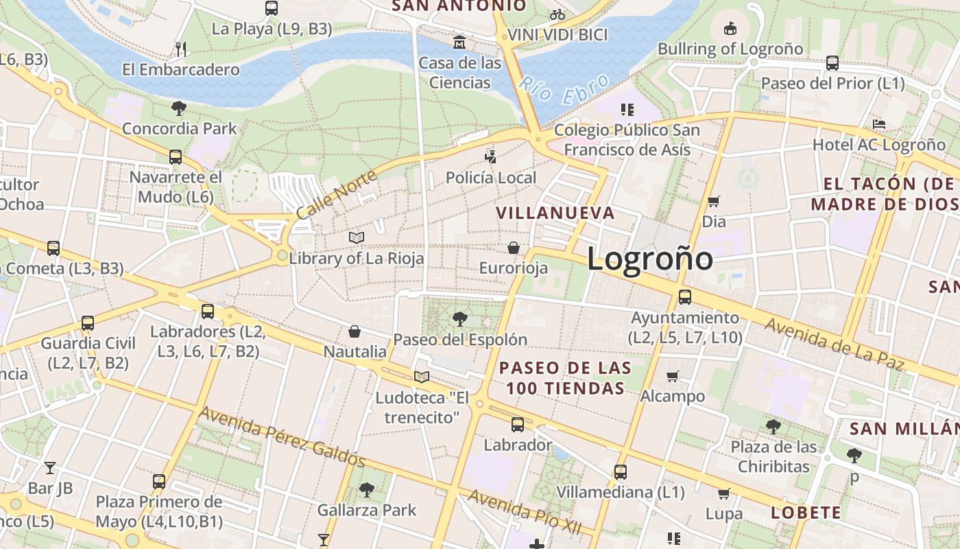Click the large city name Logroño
649,259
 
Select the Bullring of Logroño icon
730,29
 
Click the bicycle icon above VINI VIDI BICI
557,14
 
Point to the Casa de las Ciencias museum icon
459,43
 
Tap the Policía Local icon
490,156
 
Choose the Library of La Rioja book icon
356,237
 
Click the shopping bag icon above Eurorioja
514,247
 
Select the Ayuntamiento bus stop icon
684,297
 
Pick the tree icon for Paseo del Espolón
459,318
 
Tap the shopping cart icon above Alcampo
673,376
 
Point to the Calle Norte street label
337,195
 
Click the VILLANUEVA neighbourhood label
555,213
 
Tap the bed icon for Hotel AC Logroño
878,124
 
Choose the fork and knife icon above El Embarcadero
181,49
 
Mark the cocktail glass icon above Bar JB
50,468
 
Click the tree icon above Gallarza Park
367,489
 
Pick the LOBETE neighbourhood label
806,513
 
